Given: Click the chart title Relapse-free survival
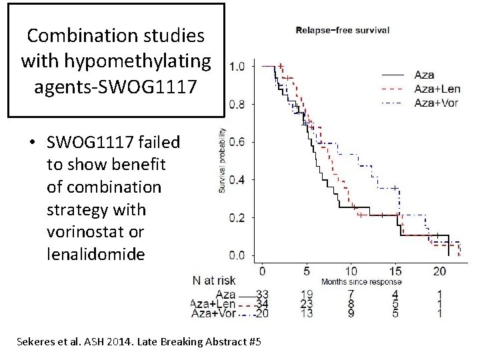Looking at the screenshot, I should [x=343, y=30].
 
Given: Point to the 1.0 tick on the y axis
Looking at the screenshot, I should [x=237, y=66].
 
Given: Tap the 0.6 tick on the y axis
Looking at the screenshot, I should [x=237, y=142].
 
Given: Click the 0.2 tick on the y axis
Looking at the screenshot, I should [x=237, y=218].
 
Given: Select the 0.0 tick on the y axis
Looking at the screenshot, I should [x=237, y=255].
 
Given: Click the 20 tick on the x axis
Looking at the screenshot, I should [x=439, y=271].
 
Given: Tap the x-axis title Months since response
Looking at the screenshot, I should [x=361, y=282].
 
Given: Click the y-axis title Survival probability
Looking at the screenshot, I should [x=221, y=161].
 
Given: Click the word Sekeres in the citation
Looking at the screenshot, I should [x=37, y=342].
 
